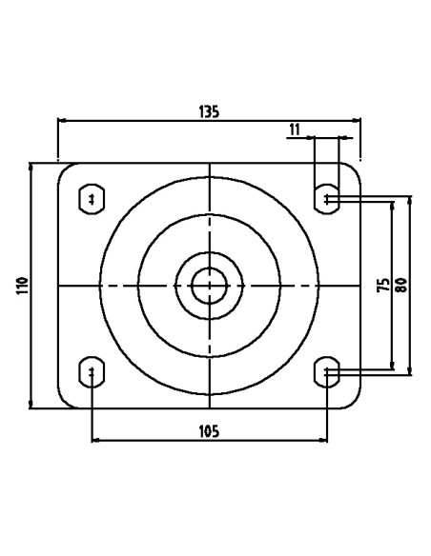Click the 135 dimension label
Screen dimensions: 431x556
pyautogui.click(x=209, y=111)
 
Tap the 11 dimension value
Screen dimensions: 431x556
pyautogui.click(x=295, y=129)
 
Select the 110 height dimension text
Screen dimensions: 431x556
pyautogui.click(x=22, y=286)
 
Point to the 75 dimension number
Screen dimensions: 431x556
pyautogui.click(x=383, y=285)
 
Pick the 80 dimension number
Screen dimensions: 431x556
pyautogui.click(x=401, y=285)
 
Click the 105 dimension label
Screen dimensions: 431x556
pyautogui.click(x=209, y=431)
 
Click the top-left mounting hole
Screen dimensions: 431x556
pyautogui.click(x=92, y=199)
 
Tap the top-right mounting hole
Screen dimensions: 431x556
pyautogui.click(x=327, y=199)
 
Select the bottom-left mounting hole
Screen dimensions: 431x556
pyautogui.click(x=92, y=372)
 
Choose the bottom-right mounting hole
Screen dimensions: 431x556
pyautogui.click(x=327, y=372)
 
